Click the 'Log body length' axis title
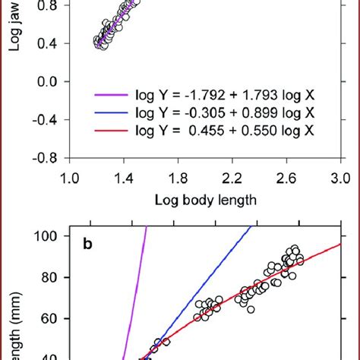pyautogui.click(x=205, y=201)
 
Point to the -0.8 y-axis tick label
pyautogui.click(x=46, y=159)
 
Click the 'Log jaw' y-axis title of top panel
pyautogui.click(x=14, y=30)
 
